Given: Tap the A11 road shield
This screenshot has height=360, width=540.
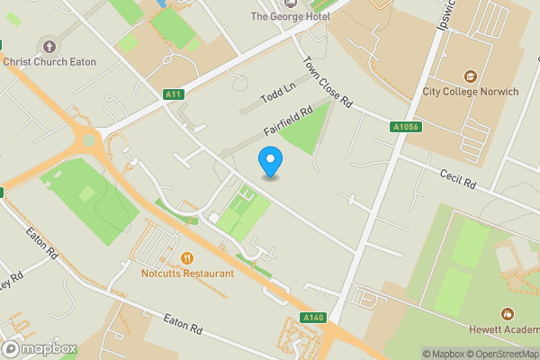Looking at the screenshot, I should click(175, 94).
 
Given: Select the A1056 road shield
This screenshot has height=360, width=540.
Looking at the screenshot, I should click(405, 128).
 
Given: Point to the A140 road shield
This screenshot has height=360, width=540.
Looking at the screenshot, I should click(313, 318).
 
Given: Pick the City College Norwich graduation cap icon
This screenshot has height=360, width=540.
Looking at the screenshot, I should click(469, 76).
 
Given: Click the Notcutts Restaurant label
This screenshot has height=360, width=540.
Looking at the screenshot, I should click(187, 274).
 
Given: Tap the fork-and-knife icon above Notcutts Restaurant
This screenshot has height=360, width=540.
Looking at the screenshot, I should click(187, 258).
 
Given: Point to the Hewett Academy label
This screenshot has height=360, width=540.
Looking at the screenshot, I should click(507, 329).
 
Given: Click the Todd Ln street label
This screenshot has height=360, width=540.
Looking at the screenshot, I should click(277, 94).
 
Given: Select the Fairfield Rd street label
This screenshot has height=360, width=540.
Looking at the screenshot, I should click(288, 121).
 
